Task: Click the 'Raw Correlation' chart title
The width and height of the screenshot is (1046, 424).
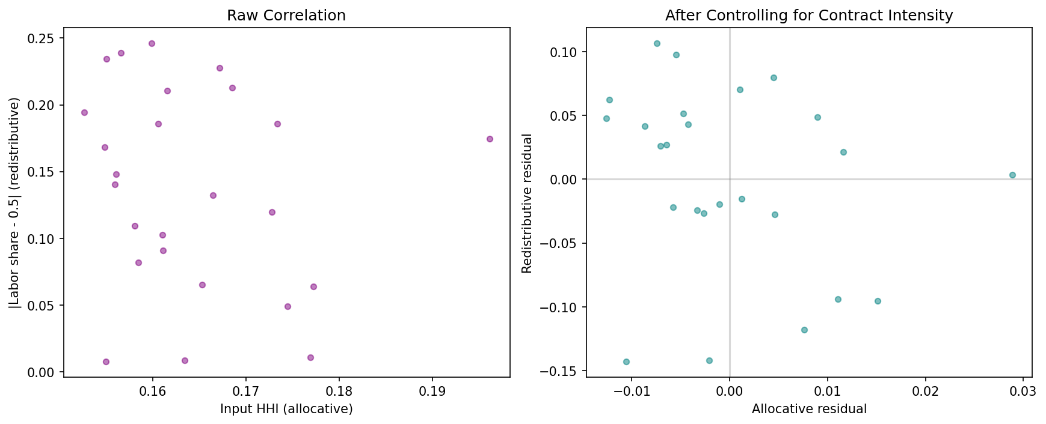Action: pyautogui.click(x=286, y=16)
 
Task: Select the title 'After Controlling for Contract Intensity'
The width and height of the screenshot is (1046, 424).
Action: pyautogui.click(x=809, y=16)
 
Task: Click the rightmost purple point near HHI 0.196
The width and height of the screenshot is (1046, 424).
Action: pyautogui.click(x=490, y=139)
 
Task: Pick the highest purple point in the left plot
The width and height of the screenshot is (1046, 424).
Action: pyautogui.click(x=152, y=43)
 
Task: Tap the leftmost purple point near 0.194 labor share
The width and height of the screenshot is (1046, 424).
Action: pyautogui.click(x=84, y=112)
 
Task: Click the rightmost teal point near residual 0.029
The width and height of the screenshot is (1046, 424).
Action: pyautogui.click(x=1012, y=175)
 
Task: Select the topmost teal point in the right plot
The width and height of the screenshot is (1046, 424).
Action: pyautogui.click(x=657, y=43)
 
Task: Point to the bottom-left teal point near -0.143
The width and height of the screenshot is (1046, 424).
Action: pyautogui.click(x=626, y=362)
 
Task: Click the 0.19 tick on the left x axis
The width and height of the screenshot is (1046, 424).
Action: pyautogui.click(x=432, y=392)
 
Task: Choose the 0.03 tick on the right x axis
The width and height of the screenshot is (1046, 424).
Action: pyautogui.click(x=1024, y=392)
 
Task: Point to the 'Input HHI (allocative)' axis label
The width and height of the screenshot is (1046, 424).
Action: pyautogui.click(x=286, y=410)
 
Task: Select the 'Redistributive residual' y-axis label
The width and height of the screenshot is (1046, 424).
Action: pyautogui.click(x=528, y=204)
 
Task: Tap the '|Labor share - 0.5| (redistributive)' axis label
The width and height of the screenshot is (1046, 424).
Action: pyautogui.click(x=15, y=204)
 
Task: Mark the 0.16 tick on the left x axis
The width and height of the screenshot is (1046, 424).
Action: pyautogui.click(x=153, y=392)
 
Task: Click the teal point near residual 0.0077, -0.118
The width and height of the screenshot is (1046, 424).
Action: pyautogui.click(x=804, y=330)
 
